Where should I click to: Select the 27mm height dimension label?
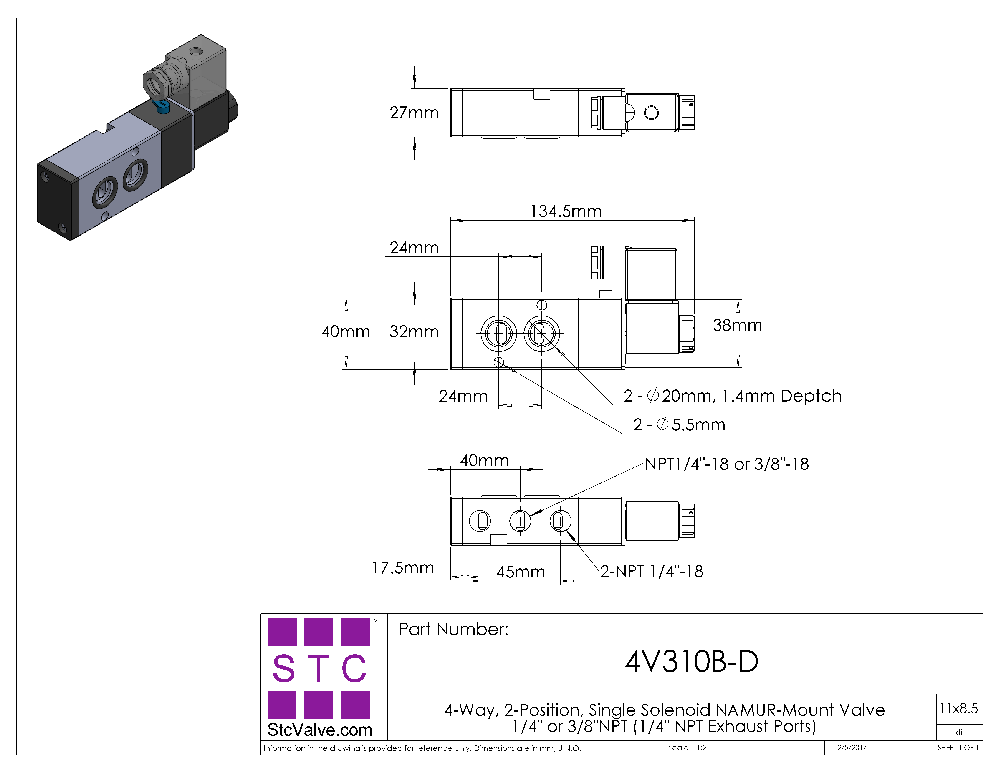[x=414, y=113]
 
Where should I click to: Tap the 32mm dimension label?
[x=414, y=331]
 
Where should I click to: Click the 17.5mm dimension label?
[x=403, y=568]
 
